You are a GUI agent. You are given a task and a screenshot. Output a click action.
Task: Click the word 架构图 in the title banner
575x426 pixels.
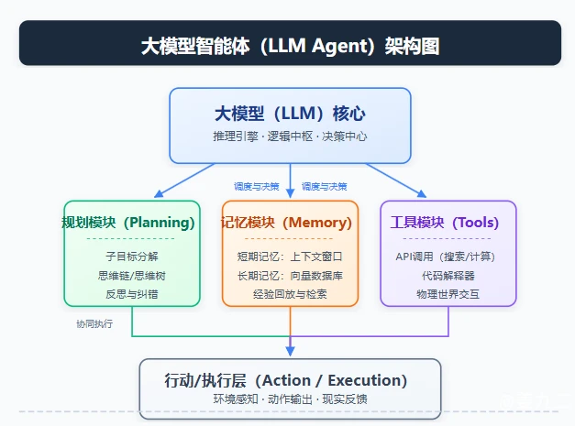tap(412, 46)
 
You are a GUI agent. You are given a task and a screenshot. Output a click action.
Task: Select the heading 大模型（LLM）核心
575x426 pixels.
tap(290, 114)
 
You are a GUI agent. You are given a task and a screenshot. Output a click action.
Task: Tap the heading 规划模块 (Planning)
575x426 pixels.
tap(128, 223)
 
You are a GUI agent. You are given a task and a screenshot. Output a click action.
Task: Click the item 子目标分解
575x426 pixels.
tap(132, 257)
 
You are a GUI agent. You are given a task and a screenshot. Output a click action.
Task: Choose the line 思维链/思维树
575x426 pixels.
tap(132, 276)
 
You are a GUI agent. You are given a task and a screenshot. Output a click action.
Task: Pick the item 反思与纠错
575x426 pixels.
tap(132, 294)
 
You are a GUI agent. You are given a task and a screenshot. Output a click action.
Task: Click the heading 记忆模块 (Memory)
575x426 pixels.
tap(286, 223)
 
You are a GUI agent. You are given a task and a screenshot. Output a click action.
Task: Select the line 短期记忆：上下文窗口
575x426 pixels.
tap(290, 257)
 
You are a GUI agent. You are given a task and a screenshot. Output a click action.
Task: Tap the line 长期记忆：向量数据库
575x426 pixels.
tap(290, 276)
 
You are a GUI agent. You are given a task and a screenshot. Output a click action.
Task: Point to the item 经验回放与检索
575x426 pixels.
tap(290, 294)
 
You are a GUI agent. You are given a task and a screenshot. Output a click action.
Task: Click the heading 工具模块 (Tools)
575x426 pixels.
tap(445, 223)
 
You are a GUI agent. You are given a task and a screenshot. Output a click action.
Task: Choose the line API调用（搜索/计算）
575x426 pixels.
tap(445, 257)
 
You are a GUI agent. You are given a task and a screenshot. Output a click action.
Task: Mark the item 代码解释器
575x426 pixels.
tap(448, 276)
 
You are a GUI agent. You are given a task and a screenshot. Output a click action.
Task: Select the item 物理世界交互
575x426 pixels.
tap(448, 294)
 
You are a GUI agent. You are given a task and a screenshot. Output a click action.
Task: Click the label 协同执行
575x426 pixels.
tap(94, 323)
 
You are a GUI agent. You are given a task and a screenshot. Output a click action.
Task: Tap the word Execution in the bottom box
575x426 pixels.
tap(368, 380)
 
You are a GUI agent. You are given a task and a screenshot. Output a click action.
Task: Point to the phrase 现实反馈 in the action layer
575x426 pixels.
tap(345, 399)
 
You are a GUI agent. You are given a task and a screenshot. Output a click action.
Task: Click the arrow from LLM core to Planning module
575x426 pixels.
tap(184, 180)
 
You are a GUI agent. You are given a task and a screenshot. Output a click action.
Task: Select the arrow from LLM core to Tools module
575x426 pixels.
tap(396, 180)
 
